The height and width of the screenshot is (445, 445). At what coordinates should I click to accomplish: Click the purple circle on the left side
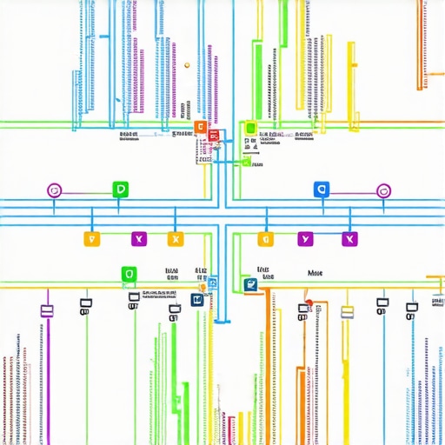coord(54,189)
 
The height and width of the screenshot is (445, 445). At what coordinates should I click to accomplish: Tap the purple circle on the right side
coord(382,190)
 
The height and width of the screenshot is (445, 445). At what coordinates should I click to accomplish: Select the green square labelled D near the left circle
coord(120,189)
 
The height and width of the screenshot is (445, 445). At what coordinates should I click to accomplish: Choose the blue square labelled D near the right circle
coord(321,189)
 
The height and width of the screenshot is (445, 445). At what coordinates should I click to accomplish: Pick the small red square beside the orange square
coord(212,136)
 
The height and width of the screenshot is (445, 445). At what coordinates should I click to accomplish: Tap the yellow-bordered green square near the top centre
coord(250,129)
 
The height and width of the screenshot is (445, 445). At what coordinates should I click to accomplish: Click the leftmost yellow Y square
coord(90,238)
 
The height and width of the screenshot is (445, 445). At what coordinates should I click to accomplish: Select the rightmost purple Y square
coord(349,238)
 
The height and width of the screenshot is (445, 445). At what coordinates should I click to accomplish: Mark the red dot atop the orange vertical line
coord(308,304)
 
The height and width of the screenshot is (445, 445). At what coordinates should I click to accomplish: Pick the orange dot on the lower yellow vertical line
coord(203,288)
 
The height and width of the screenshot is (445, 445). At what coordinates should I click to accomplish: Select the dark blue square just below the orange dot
coord(197,300)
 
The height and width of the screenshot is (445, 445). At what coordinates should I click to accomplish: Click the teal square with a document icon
coord(251,283)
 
